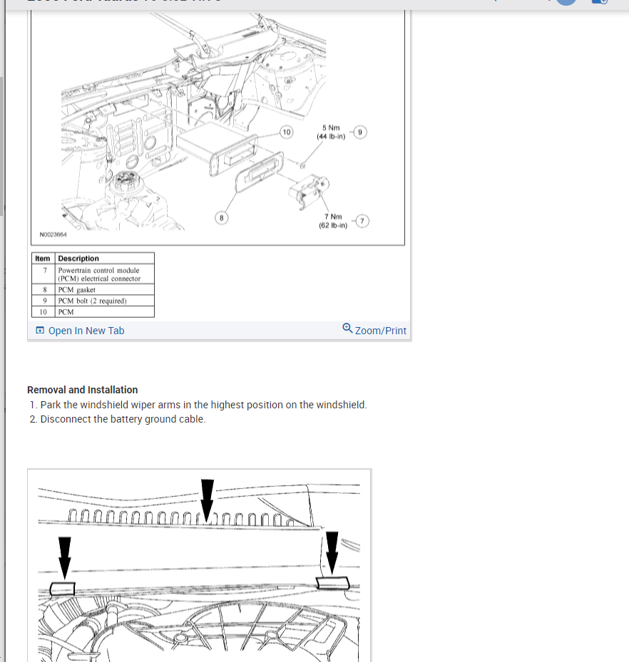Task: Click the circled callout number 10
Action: click(286, 132)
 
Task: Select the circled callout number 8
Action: click(223, 217)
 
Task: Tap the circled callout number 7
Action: click(362, 222)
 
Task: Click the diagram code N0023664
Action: click(53, 234)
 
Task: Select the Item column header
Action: click(44, 258)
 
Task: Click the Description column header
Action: click(78, 258)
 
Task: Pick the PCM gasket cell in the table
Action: click(77, 290)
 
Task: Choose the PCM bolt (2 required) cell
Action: click(92, 301)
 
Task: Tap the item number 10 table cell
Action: click(44, 311)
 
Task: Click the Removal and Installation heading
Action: click(82, 390)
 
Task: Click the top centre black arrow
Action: click(207, 499)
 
